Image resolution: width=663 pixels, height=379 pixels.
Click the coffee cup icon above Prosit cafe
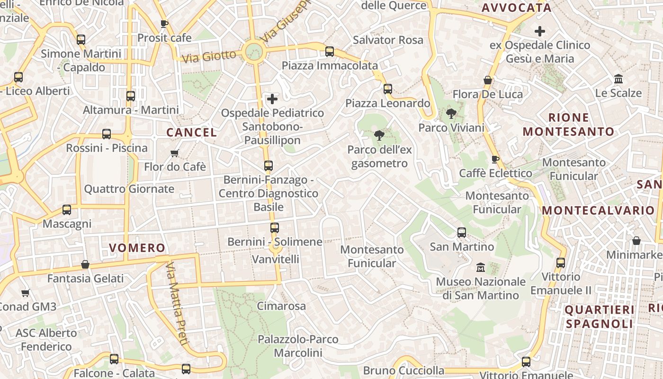[x=164, y=24]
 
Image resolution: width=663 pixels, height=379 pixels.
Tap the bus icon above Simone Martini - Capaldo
[x=81, y=40]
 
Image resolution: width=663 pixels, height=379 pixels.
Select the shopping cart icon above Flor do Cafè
[x=175, y=153]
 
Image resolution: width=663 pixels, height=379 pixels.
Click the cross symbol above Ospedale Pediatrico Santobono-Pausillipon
[x=272, y=99]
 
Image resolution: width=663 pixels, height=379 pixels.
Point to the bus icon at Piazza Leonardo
[x=388, y=89]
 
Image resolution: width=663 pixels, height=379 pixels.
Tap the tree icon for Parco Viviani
[x=451, y=114]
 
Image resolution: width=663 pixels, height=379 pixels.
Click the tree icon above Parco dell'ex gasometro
[x=379, y=136]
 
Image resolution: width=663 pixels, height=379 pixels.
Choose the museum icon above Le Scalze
[x=618, y=79]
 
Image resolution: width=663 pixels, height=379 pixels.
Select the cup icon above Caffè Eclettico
[x=495, y=159]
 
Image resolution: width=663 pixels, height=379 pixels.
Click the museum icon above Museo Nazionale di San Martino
[x=481, y=268]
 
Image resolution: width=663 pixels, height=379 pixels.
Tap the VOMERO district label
[x=137, y=248]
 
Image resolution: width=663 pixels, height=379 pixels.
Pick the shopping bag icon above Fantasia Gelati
[x=85, y=264]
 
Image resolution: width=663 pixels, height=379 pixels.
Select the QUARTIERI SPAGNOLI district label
[x=600, y=316]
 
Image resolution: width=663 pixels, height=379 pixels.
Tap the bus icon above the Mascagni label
[x=67, y=210]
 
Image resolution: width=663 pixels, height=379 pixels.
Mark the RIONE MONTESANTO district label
[x=568, y=125]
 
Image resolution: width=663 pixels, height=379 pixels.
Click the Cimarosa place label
[x=281, y=306]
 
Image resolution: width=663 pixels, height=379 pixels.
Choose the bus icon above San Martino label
[x=462, y=233]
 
